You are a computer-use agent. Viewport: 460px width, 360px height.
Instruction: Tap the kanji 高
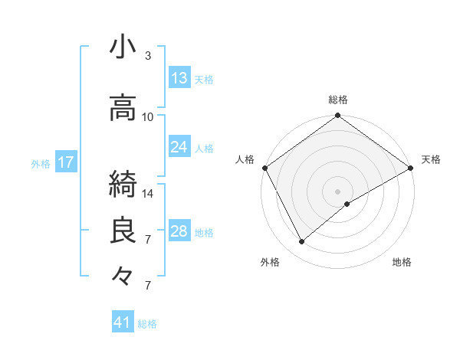click(x=123, y=108)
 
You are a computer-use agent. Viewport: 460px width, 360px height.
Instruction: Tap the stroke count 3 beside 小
click(x=148, y=56)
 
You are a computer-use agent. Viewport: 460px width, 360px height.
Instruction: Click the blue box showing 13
click(x=179, y=78)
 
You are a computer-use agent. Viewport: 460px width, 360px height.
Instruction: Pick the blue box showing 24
click(x=179, y=147)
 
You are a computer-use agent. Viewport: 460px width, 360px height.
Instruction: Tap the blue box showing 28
click(x=179, y=231)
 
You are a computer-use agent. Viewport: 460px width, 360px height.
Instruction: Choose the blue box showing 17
click(x=65, y=162)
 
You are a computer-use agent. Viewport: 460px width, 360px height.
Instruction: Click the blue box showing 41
click(x=123, y=322)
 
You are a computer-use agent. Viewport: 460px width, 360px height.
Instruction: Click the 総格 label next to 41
click(x=147, y=324)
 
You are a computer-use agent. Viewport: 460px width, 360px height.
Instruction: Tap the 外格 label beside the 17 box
click(x=41, y=163)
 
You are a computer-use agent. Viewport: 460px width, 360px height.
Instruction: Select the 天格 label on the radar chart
click(x=431, y=159)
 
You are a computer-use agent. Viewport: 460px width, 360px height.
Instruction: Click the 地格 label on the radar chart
click(x=402, y=263)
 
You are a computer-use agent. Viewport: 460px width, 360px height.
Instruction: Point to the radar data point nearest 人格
click(x=264, y=168)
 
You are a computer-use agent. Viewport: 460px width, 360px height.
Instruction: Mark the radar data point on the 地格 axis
click(x=347, y=204)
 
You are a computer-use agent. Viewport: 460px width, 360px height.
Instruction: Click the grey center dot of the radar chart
click(x=337, y=191)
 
